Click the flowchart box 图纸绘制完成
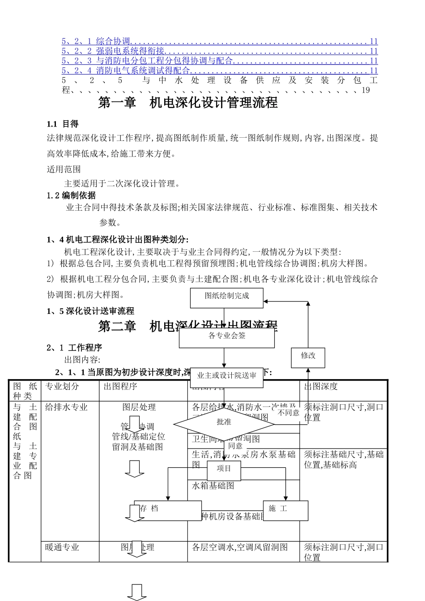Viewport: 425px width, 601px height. pyautogui.click(x=227, y=298)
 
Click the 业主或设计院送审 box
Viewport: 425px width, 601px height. pyautogui.click(x=227, y=376)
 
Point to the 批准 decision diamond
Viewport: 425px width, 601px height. pyautogui.click(x=224, y=423)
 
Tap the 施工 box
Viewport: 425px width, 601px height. pyautogui.click(x=286, y=511)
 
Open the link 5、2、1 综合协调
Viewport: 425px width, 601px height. pyautogui.click(x=96, y=42)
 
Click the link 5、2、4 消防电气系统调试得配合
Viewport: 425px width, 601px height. pyautogui.click(x=126, y=71)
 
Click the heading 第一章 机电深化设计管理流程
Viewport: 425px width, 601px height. pyautogui.click(x=188, y=103)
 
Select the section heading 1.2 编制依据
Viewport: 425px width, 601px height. pyautogui.click(x=72, y=195)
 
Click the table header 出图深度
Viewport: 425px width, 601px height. pyautogui.click(x=321, y=386)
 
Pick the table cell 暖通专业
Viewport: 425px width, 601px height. pyautogui.click(x=62, y=547)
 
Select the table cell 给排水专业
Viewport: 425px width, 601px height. pyautogui.click(x=66, y=407)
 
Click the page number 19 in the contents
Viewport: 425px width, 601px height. pyautogui.click(x=365, y=90)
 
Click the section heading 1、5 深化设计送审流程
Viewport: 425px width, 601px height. pyautogui.click(x=90, y=311)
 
